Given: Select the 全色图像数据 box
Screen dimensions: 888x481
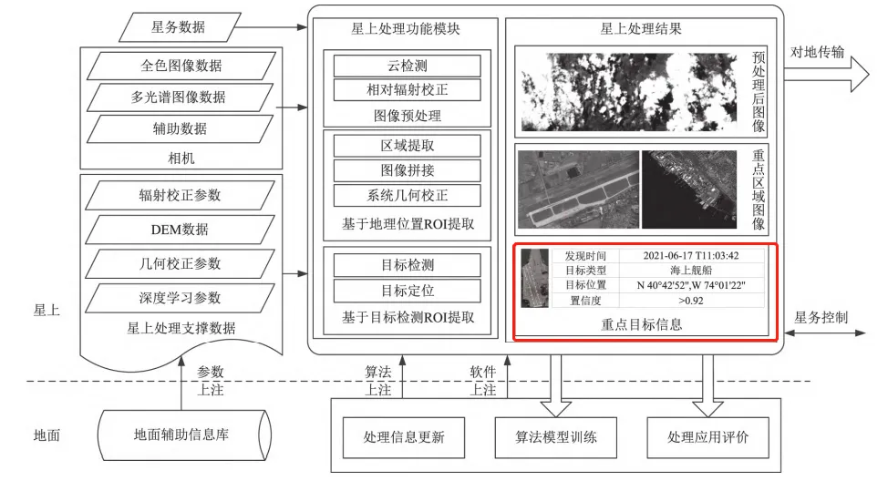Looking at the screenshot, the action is click(181, 66).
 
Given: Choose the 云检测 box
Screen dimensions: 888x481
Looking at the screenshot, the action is click(406, 66).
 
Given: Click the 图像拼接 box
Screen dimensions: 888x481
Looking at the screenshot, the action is click(406, 170).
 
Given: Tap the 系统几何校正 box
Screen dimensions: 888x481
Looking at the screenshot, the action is click(406, 195).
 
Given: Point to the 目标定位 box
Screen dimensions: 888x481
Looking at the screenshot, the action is click(406, 291).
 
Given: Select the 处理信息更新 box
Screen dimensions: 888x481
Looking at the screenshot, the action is click(404, 437).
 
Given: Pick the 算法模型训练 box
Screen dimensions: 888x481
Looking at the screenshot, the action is click(553, 437).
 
